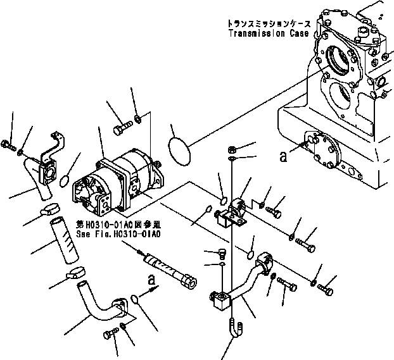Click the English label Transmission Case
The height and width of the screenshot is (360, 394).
click(269, 34)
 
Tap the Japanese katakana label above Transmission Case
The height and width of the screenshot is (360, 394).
click(269, 23)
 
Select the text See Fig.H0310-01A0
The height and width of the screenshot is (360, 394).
click(118, 233)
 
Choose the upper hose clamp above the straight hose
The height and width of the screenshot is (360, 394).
click(49, 210)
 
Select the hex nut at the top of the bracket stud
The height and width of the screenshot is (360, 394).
click(232, 150)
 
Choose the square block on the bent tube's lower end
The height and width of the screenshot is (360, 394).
click(222, 301)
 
